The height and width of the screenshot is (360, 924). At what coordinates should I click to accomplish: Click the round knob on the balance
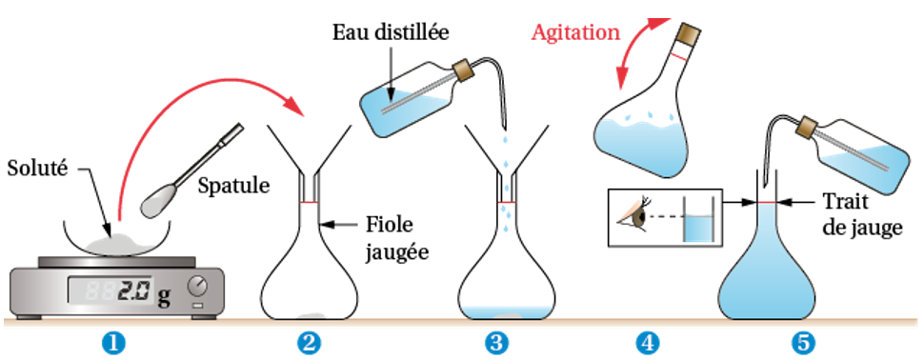(198, 286)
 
